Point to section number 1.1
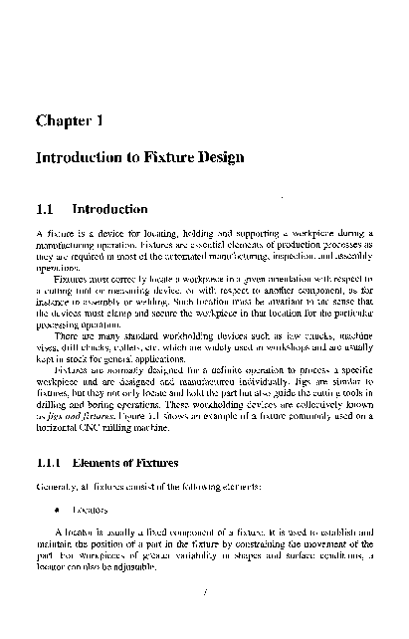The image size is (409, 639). click(44, 210)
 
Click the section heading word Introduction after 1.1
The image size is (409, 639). click(112, 210)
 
